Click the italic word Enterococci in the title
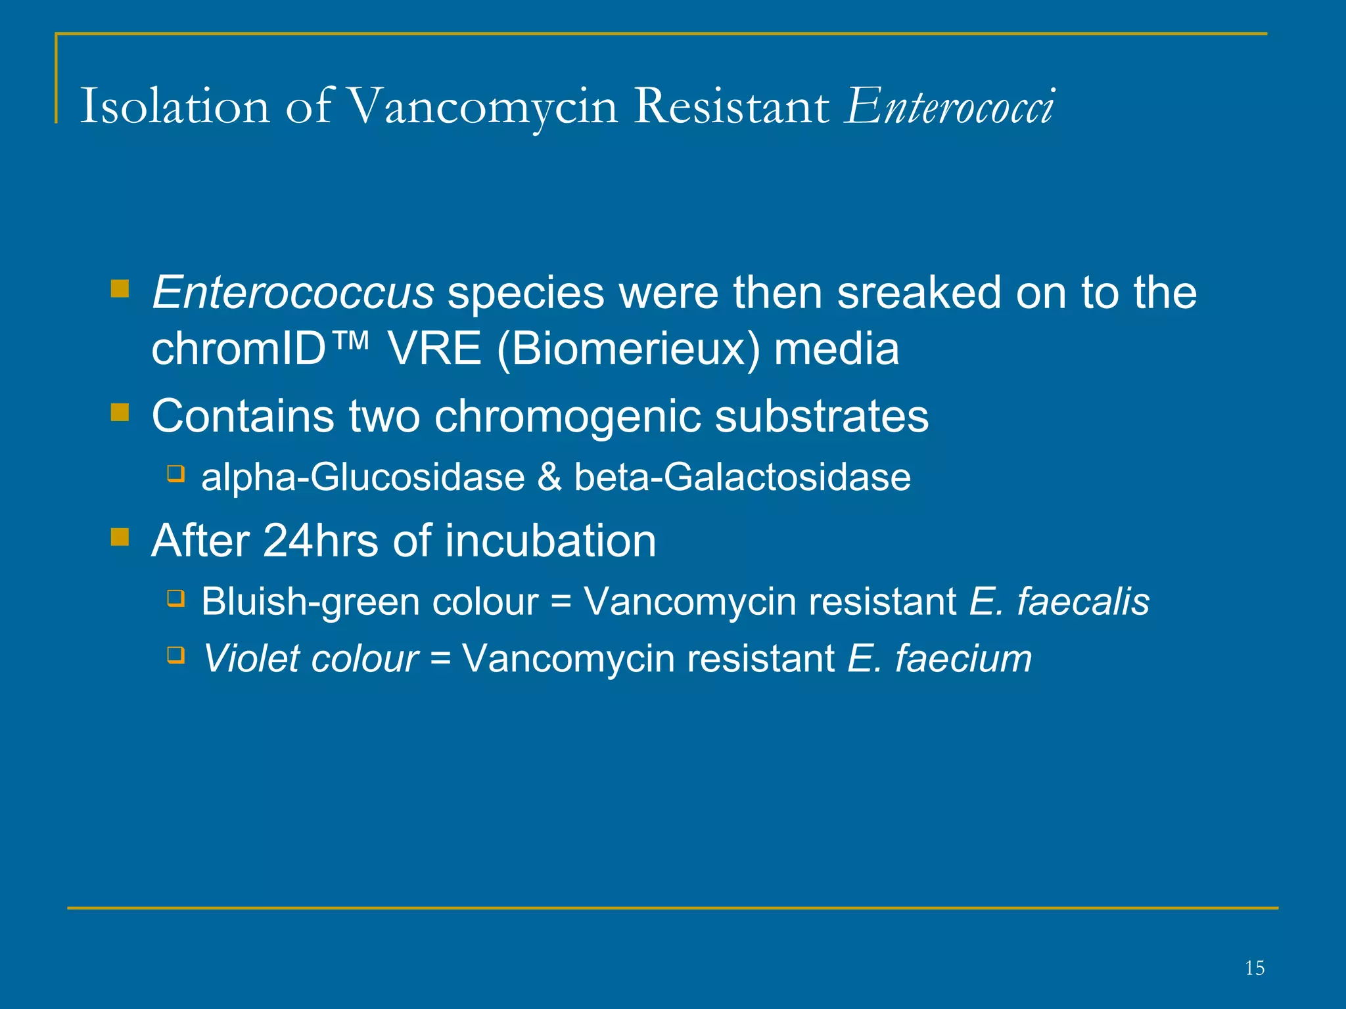[x=950, y=106]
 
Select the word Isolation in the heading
[x=175, y=106]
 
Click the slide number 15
[x=1254, y=968]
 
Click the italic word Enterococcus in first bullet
[x=292, y=293]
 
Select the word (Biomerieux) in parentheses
[x=628, y=349]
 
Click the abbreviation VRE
[x=434, y=349]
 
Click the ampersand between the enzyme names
[x=549, y=478]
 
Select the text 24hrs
[x=320, y=541]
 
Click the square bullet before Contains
[x=120, y=413]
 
